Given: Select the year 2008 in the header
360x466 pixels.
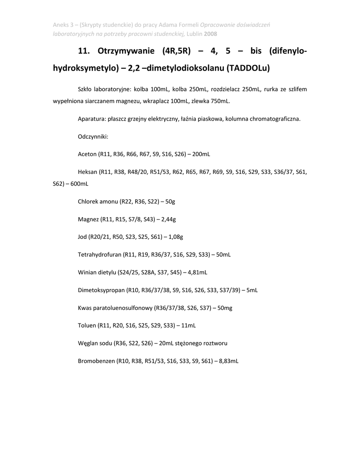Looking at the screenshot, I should pyautogui.click(x=211, y=34).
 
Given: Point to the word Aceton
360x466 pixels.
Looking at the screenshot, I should pyautogui.click(x=87, y=154).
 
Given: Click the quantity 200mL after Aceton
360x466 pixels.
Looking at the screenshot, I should pyautogui.click(x=201, y=154).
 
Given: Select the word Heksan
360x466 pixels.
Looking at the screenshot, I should pyautogui.click(x=88, y=172).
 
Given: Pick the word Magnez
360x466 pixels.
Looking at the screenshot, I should pyautogui.click(x=88, y=219).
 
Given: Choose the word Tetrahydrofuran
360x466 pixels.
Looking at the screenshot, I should pyautogui.click(x=100, y=254).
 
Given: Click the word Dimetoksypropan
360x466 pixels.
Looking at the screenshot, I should pyautogui.click(x=101, y=290).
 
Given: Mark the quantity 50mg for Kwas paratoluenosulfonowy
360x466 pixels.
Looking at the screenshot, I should pyautogui.click(x=225, y=308).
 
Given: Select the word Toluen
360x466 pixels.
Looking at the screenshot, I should pyautogui.click(x=87, y=325).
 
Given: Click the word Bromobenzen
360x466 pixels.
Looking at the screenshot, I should pyautogui.click(x=96, y=361).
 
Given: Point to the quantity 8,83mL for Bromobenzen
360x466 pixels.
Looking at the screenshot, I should pyautogui.click(x=228, y=361).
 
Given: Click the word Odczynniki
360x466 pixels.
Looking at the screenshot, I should pyautogui.click(x=93, y=137).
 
